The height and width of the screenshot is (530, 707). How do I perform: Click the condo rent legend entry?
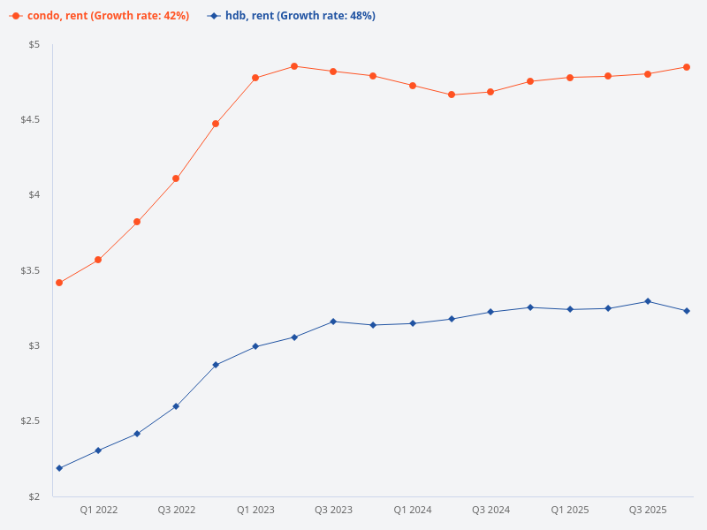pos(100,16)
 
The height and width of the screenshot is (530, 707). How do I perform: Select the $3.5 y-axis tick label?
pos(30,270)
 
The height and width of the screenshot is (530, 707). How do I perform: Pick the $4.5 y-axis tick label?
pos(30,119)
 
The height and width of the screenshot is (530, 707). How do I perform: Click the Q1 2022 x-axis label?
pos(99,511)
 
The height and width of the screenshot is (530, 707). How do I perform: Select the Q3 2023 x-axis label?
pos(333,511)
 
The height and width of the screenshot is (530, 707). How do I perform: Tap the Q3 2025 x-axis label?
pos(647,511)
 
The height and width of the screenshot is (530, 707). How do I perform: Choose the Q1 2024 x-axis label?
pos(413,511)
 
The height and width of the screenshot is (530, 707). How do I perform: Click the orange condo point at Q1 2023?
pos(255,78)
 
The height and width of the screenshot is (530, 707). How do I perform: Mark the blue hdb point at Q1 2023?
pos(255,346)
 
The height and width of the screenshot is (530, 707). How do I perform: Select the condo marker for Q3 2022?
pos(176,178)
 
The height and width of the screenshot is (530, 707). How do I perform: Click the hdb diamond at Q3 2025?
pos(648,301)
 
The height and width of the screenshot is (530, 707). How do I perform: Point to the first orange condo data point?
pos(59,283)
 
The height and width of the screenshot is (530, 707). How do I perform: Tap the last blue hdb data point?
pos(687,311)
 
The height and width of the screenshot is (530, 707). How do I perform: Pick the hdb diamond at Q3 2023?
pos(333,322)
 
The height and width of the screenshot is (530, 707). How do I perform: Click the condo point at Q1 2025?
pos(570,77)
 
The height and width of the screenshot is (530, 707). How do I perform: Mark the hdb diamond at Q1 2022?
pos(98,450)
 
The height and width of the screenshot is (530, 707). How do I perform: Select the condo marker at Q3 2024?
pos(490,92)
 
